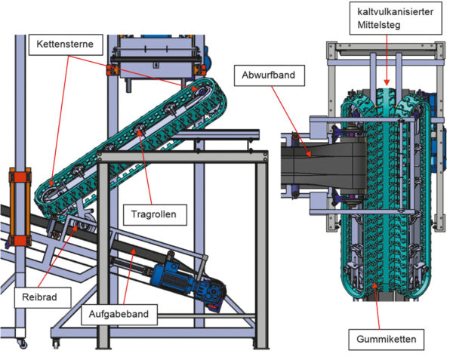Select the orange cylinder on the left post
pyautogui.click(x=17, y=207)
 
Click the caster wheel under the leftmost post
pyautogui.click(x=20, y=344)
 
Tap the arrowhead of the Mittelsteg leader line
pyautogui.click(x=385, y=84)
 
